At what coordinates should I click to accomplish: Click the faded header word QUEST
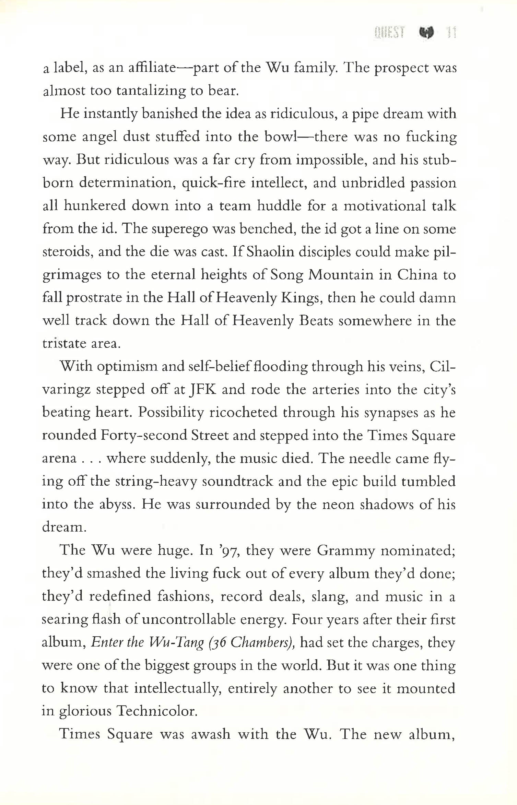(x=390, y=33)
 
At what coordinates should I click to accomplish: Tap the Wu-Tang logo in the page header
(x=426, y=33)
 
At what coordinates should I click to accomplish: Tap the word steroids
(x=68, y=252)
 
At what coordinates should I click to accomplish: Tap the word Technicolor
(x=157, y=711)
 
